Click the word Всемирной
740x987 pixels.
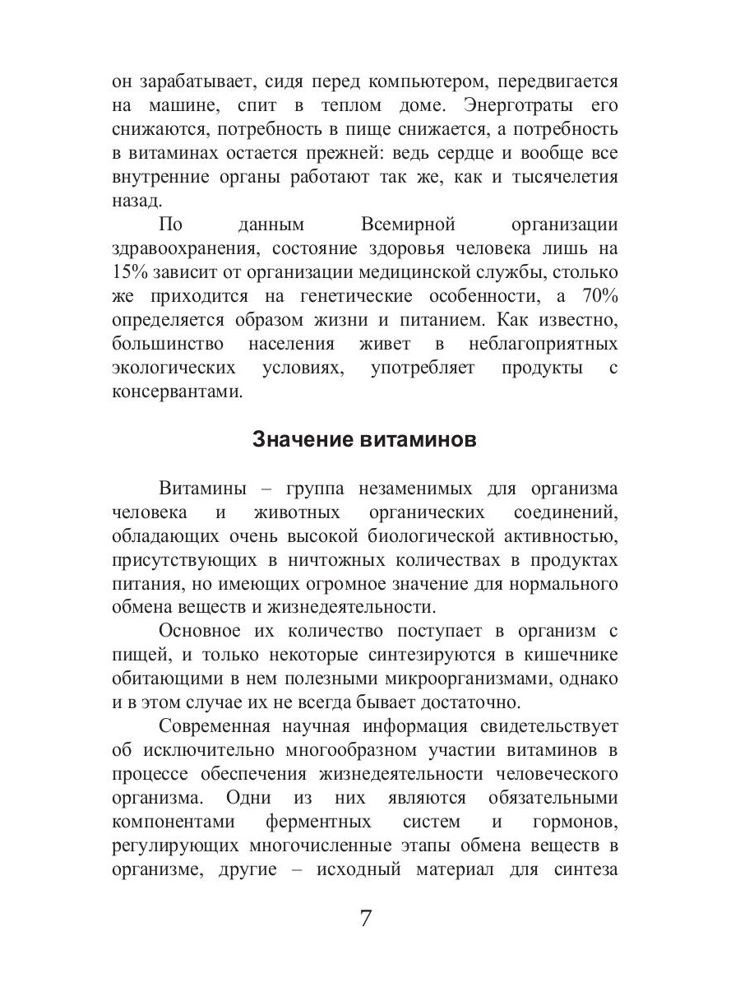coord(408,225)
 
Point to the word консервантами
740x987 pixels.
coord(178,392)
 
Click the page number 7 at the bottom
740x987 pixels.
coord(366,918)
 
